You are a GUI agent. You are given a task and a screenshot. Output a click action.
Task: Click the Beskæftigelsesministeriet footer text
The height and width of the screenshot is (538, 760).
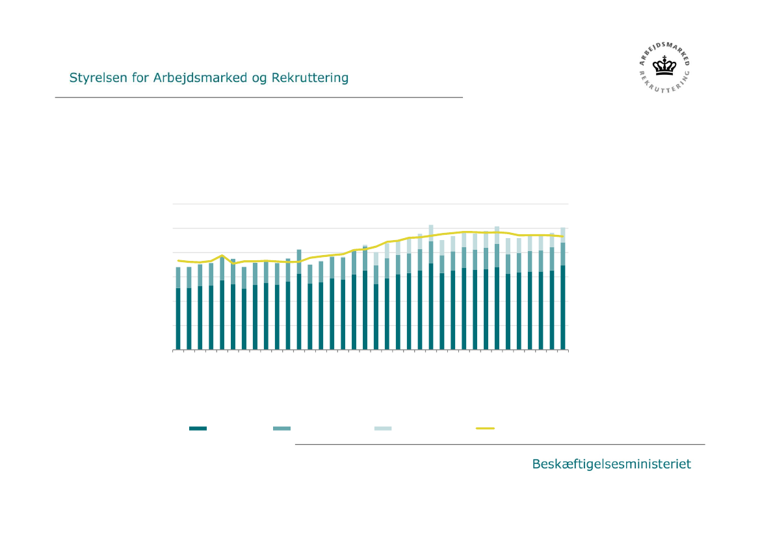click(611, 464)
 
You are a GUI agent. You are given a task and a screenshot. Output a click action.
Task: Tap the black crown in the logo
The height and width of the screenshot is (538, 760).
click(664, 66)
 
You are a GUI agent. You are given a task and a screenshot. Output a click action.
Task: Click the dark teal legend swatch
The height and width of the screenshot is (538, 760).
click(198, 428)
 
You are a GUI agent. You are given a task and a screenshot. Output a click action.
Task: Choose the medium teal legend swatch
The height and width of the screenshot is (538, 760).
click(282, 428)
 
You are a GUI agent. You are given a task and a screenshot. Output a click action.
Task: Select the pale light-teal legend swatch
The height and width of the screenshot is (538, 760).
click(383, 428)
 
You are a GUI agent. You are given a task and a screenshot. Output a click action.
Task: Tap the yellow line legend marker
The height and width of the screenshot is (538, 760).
click(485, 428)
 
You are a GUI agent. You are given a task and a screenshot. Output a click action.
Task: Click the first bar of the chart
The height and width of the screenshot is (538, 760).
click(178, 308)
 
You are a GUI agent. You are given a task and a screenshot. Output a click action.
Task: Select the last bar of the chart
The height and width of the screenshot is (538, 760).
click(563, 289)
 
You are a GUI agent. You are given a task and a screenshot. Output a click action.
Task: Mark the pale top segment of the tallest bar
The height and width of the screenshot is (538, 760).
click(431, 233)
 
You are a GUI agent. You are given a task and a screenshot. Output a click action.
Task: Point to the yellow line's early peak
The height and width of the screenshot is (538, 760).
click(222, 256)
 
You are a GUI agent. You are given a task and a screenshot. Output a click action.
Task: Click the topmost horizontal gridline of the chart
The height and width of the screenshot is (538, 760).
click(370, 204)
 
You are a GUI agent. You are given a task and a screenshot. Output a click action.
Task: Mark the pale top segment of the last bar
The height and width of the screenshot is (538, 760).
click(563, 235)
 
